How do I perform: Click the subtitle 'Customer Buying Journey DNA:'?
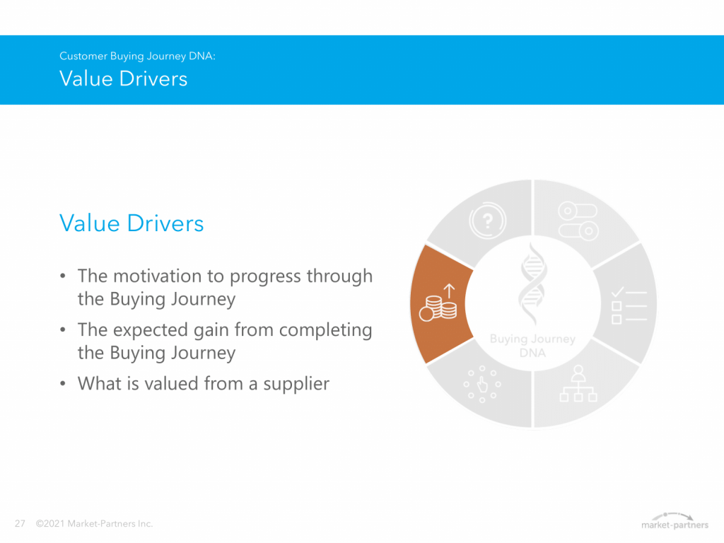click(x=137, y=57)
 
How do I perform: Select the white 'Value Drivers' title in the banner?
click(x=123, y=78)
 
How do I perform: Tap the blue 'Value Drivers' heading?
click(x=132, y=223)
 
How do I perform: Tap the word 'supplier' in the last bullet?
click(x=296, y=384)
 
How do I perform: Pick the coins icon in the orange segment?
click(x=438, y=303)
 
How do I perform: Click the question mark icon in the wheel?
click(x=488, y=221)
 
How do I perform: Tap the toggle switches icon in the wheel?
click(x=578, y=221)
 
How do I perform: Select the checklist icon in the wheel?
click(x=629, y=305)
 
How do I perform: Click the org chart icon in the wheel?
click(x=578, y=384)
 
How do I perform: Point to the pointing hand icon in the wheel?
click(x=482, y=384)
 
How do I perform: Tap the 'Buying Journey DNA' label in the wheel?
click(x=532, y=346)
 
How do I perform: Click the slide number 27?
click(x=20, y=524)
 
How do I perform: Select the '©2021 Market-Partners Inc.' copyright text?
click(x=94, y=524)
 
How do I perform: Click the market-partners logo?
click(x=675, y=520)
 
